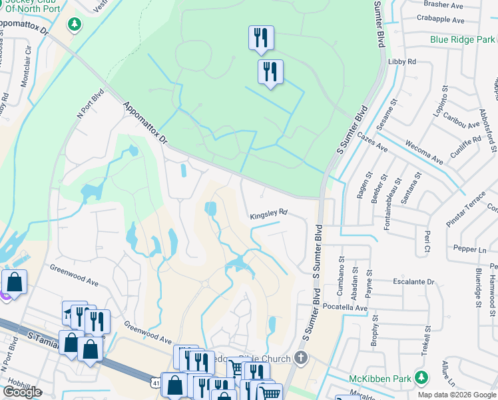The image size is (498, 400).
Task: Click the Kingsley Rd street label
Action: point(268,214)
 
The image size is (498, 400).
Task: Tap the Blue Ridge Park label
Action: point(461,39)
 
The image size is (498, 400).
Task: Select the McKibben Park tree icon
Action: point(421,378)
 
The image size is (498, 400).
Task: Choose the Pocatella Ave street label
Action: point(346,308)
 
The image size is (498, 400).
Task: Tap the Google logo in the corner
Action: point(22,392)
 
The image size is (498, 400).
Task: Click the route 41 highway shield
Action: point(155,383)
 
